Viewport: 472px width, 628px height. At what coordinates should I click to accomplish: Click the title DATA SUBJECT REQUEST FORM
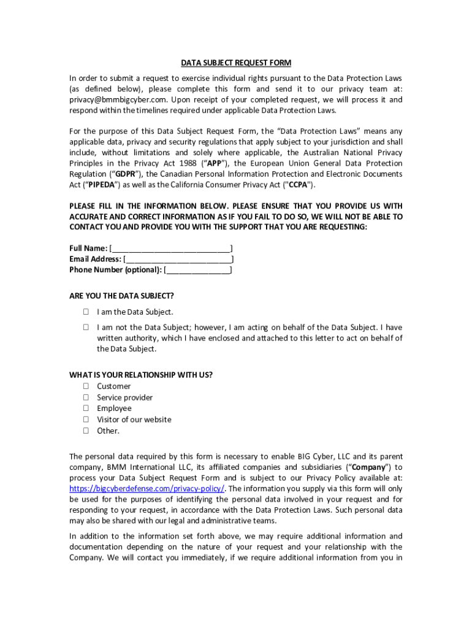(x=236, y=63)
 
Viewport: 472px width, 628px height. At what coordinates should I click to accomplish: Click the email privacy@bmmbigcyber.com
(x=118, y=99)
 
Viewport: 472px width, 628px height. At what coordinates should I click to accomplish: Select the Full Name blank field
(x=171, y=248)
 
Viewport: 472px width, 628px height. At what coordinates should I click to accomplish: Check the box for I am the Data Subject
(x=86, y=312)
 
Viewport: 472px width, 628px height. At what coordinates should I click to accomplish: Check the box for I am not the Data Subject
(x=86, y=327)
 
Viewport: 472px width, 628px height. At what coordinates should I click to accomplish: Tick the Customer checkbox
(x=86, y=386)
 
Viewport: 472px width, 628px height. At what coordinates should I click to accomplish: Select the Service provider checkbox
(x=86, y=397)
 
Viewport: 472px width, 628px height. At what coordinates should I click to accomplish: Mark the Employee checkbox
(x=86, y=408)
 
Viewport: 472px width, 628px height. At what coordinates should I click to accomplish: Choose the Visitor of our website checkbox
(x=86, y=419)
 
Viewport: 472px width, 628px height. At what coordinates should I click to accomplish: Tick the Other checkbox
(x=86, y=431)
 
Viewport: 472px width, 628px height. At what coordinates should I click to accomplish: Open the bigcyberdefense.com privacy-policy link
(x=147, y=489)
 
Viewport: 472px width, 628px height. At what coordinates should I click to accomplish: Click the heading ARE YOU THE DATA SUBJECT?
(x=121, y=296)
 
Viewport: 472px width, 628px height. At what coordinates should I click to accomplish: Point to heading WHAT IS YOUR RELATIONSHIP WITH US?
(x=141, y=375)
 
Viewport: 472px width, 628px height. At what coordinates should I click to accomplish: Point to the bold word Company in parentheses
(x=368, y=467)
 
